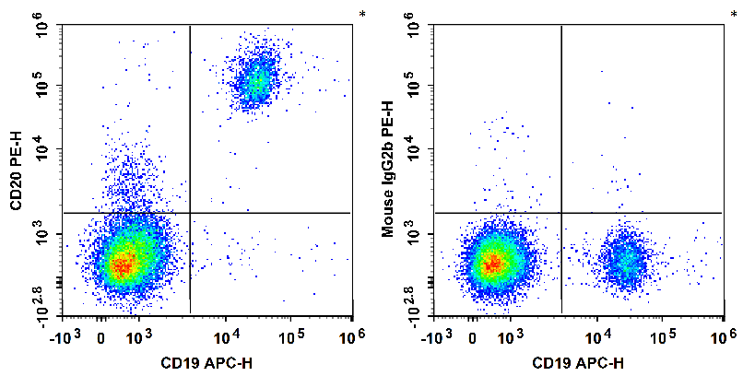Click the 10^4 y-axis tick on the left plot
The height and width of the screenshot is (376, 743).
42,149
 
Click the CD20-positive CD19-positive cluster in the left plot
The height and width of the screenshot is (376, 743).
255,81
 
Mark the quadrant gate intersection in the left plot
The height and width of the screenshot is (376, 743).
189,213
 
